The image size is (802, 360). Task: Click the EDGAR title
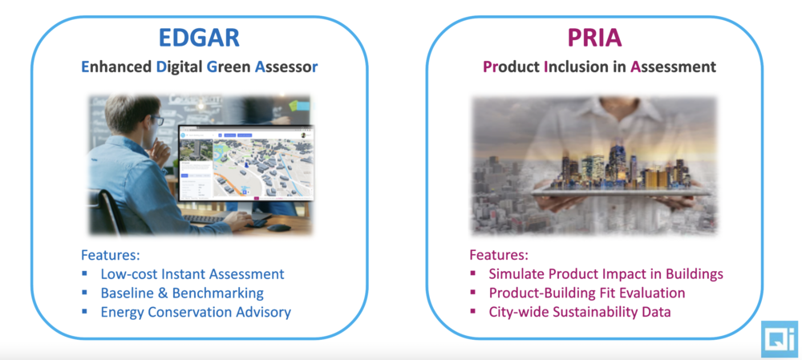coord(200,38)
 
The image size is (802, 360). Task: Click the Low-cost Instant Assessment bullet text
coord(192,274)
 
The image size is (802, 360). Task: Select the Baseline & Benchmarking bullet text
coord(182,293)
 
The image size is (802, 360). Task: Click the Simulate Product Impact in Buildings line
coord(606,274)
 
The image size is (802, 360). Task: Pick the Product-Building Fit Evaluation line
coord(587,293)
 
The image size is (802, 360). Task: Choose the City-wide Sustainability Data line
coord(580,312)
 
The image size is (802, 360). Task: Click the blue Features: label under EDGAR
coord(111,255)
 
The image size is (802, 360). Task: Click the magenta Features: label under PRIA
coord(499,255)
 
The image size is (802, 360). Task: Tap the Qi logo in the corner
coord(780,338)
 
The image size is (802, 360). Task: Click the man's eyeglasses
coord(156,121)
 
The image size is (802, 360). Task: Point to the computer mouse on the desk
coord(279,227)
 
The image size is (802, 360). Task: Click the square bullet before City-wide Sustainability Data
coord(472,310)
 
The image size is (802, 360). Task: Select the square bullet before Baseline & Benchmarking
coord(84,292)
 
